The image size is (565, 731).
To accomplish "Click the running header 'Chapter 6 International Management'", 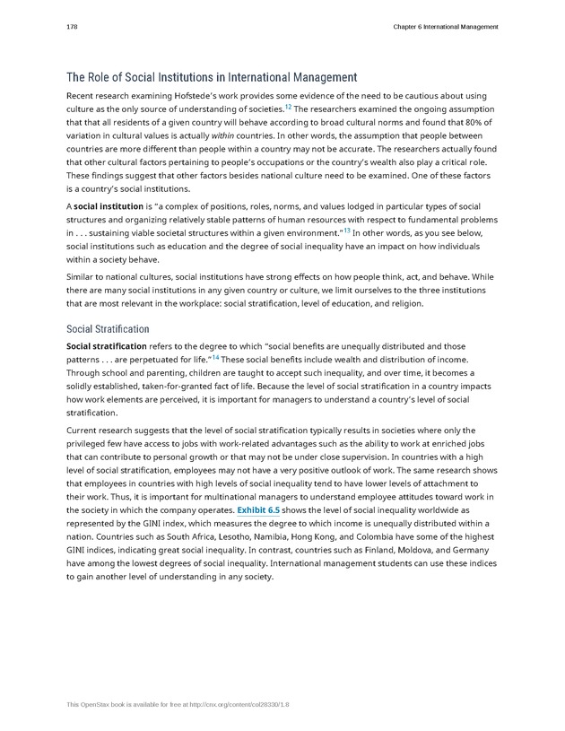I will click(x=445, y=27).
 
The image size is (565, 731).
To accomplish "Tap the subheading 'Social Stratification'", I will click(x=108, y=329).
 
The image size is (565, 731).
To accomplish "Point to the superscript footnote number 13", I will click(x=346, y=231).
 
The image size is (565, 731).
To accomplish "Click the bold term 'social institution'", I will click(x=109, y=206).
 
